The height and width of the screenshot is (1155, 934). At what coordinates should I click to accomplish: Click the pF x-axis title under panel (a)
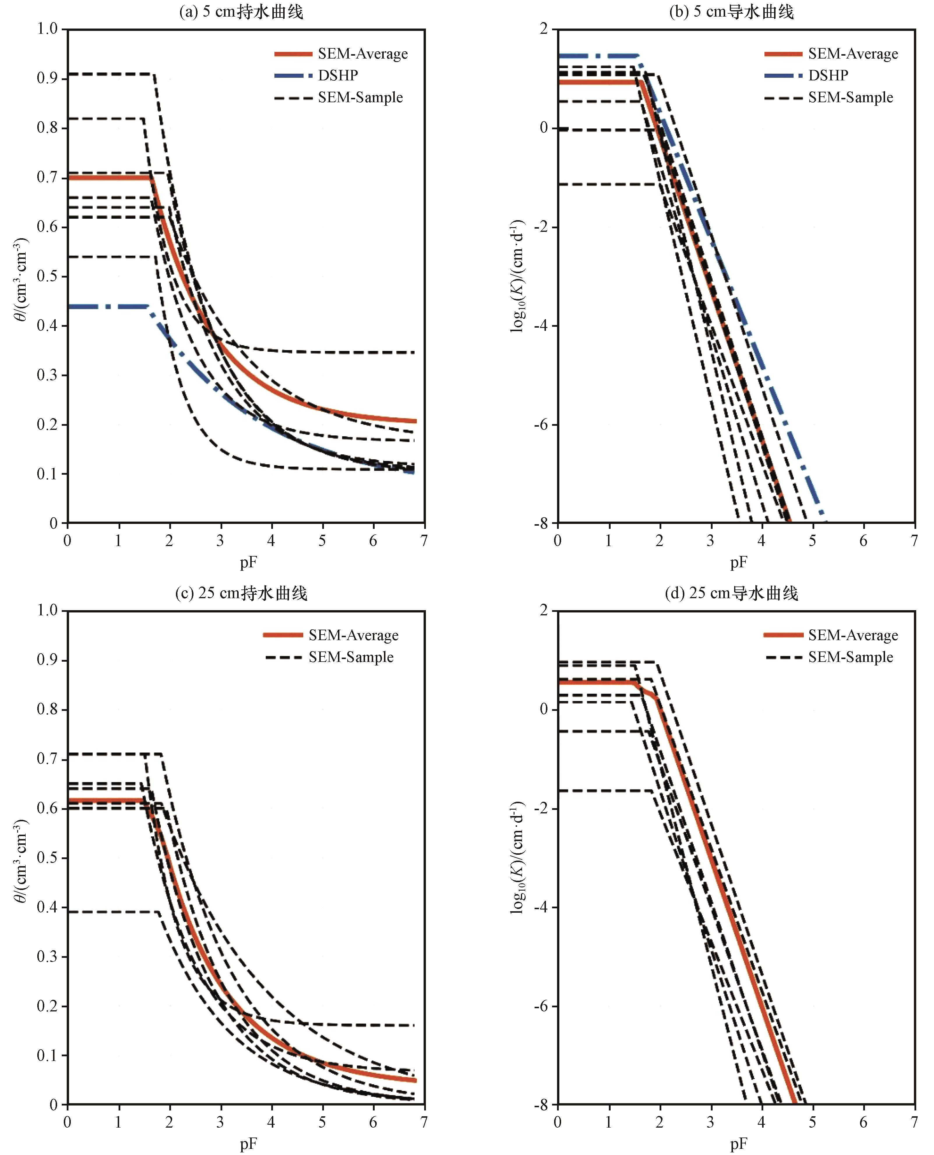[248, 563]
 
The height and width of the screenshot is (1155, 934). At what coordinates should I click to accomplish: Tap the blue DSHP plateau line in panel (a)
[108, 306]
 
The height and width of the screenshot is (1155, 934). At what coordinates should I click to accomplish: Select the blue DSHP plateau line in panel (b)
[597, 55]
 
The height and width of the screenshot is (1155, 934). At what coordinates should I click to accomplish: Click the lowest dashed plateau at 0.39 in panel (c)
[113, 912]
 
